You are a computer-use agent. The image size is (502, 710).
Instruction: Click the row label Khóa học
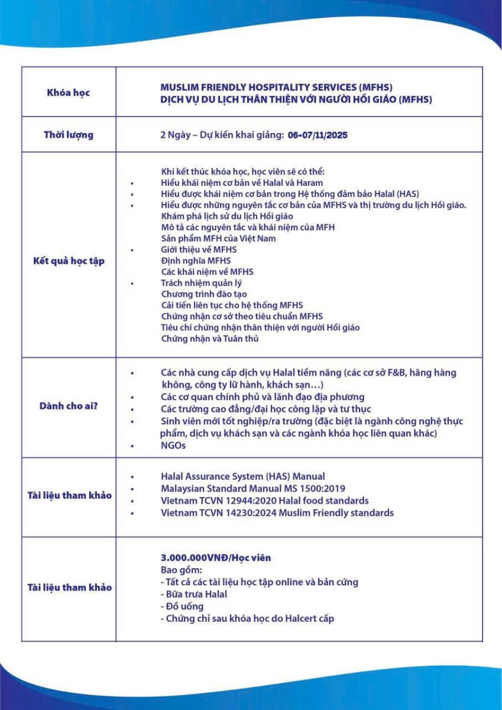69,93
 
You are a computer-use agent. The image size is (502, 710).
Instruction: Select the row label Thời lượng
69,135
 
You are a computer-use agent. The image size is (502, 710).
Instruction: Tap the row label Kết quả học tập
69,261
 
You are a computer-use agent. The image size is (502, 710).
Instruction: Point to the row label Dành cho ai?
69,407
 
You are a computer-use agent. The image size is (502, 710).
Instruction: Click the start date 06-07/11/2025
318,135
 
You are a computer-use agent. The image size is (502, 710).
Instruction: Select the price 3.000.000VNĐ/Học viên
216,558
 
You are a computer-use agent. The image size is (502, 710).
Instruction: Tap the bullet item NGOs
173,446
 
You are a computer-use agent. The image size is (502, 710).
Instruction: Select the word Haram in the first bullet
310,183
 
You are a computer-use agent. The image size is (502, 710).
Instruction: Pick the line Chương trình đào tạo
204,294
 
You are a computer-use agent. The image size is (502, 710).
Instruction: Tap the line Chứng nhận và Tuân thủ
210,339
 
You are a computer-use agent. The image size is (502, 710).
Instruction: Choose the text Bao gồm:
181,570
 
